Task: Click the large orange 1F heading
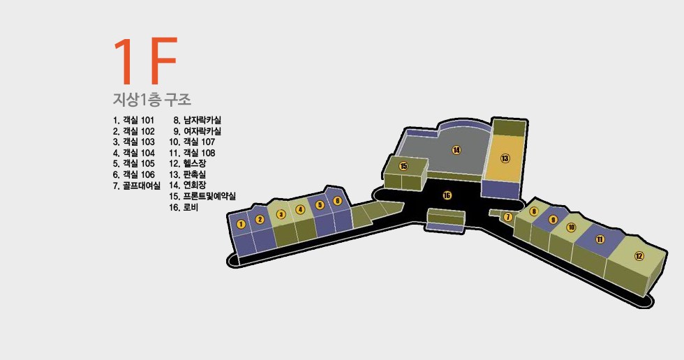[145, 61]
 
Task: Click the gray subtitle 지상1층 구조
[152, 99]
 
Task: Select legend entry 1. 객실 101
[133, 120]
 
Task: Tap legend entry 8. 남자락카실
[197, 120]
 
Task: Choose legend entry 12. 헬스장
[188, 163]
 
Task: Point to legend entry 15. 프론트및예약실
[202, 196]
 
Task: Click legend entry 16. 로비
[184, 207]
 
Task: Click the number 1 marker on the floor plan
[241, 224]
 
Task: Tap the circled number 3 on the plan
[281, 214]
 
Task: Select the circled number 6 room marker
[337, 201]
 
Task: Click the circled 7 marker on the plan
[507, 217]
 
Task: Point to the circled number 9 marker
[553, 219]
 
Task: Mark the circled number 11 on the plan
[600, 239]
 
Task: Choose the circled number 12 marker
[639, 256]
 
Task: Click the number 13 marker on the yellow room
[505, 158]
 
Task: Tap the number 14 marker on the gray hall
[456, 150]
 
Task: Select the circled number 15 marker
[403, 166]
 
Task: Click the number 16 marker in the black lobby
[447, 195]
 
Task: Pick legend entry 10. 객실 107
[192, 142]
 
